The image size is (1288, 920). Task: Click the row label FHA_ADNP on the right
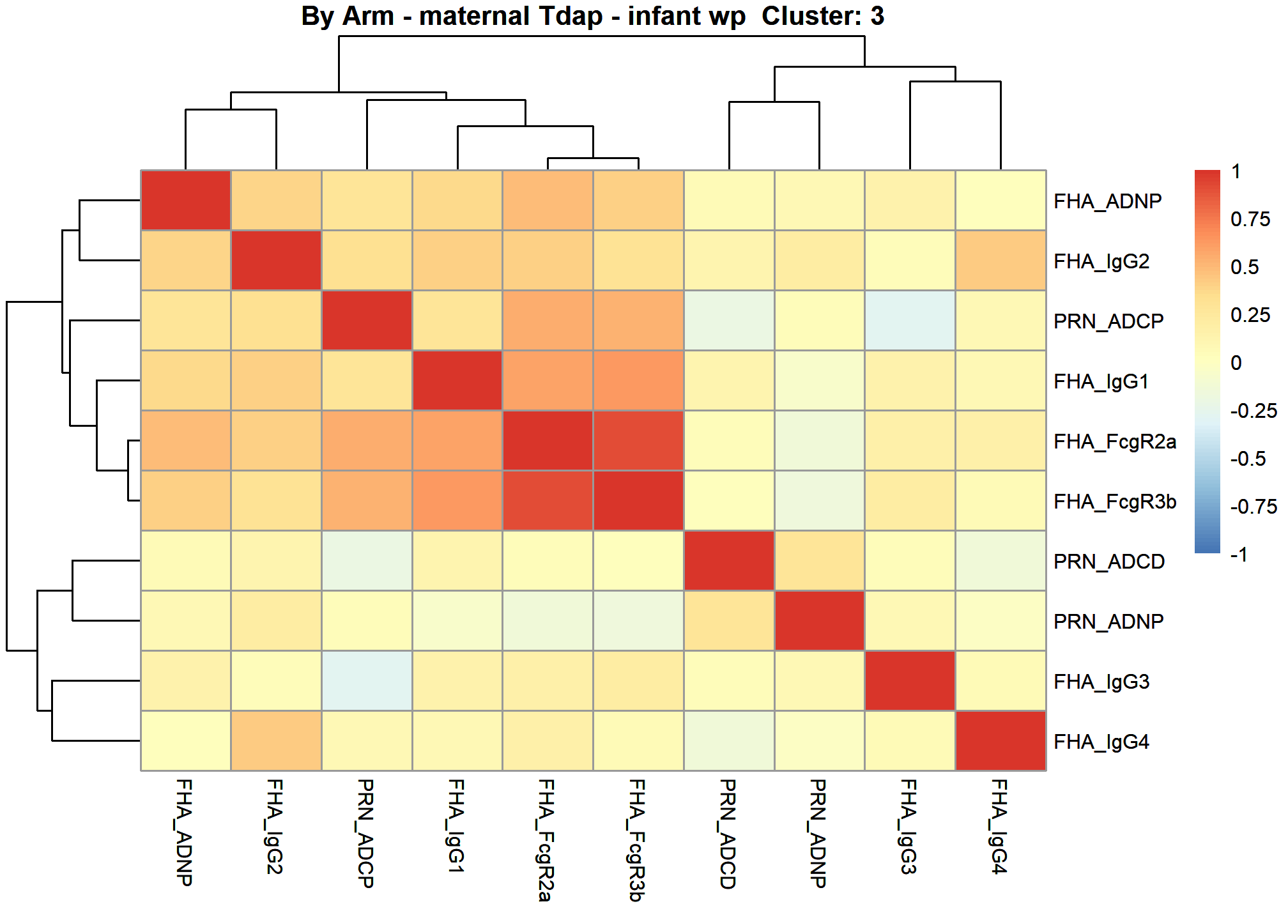coord(1107,201)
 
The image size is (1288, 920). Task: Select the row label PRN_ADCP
coord(1108,321)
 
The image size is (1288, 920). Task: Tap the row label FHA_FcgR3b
coord(1115,502)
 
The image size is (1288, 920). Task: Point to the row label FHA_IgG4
coord(1101,742)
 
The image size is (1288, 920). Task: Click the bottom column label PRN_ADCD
coord(728,834)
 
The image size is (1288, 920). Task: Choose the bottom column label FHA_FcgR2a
coord(546,840)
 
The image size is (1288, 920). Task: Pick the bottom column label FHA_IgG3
coord(909,827)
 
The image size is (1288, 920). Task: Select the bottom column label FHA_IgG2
coord(275,827)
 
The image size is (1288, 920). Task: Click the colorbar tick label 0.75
coord(1250,219)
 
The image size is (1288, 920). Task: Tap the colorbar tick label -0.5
coord(1248,459)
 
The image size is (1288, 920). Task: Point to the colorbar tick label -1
coord(1239,554)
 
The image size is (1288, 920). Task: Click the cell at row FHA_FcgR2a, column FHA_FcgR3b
coord(638,440)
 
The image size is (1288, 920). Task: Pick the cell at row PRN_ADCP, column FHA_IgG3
coord(910,320)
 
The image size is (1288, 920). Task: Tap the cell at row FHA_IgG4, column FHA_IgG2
coord(276,740)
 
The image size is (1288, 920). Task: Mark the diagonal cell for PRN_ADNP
coord(820,620)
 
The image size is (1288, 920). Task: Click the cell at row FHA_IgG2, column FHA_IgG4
coord(1000,260)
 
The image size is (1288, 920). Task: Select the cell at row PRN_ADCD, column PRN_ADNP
coord(820,560)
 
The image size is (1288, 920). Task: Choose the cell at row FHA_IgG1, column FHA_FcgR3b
coord(638,380)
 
